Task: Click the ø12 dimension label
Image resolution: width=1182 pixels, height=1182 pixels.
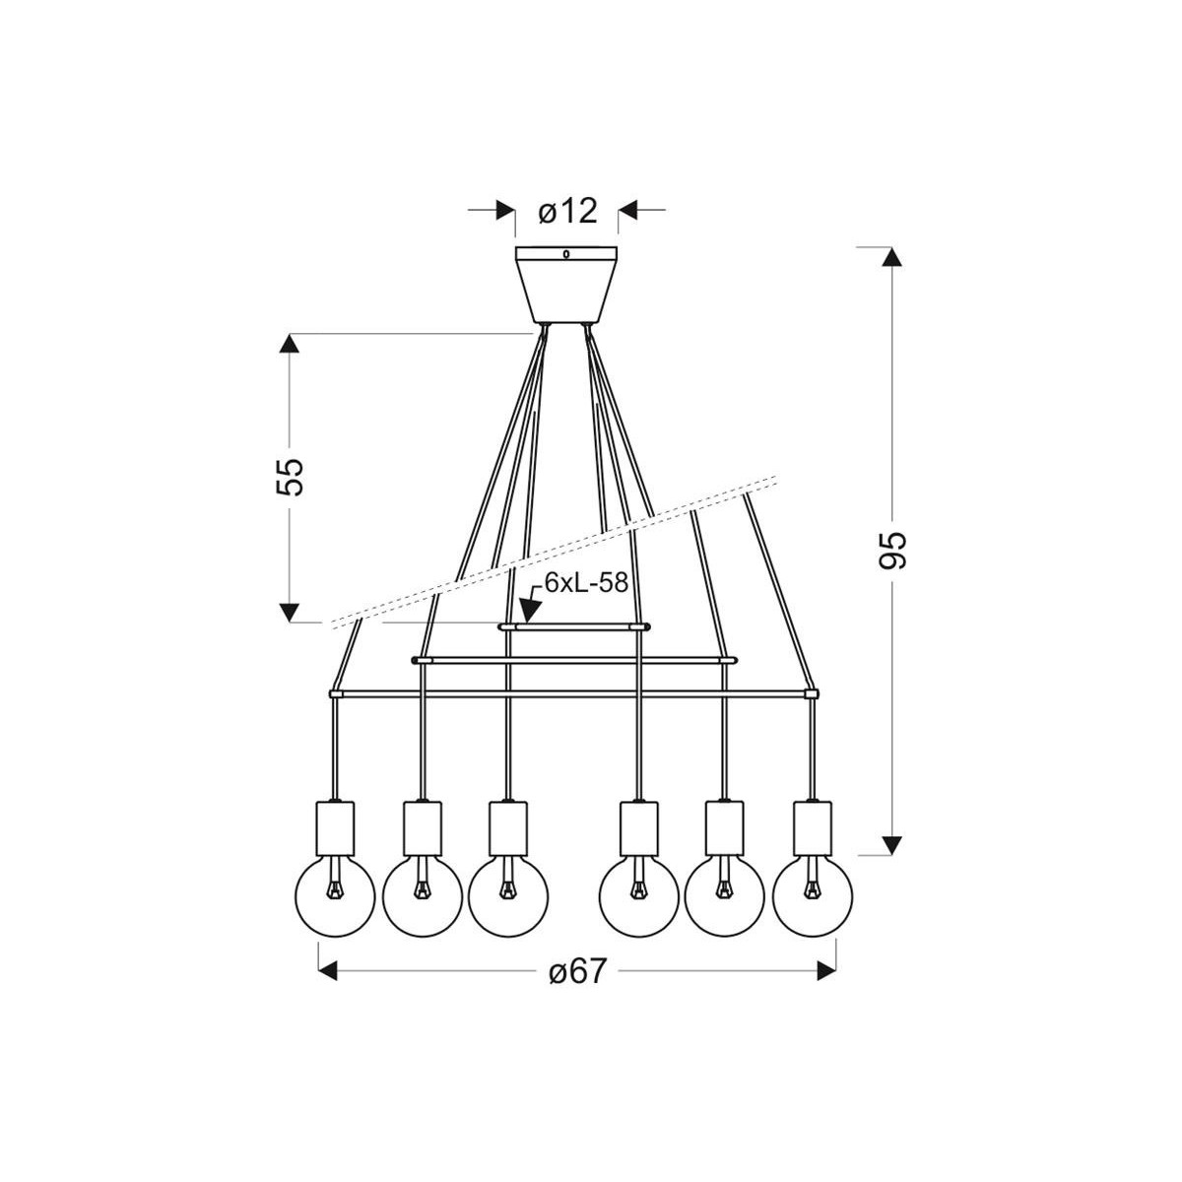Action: [x=568, y=210]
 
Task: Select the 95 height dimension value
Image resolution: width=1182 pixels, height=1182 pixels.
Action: [x=891, y=550]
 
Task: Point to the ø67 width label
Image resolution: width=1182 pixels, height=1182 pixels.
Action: [x=576, y=971]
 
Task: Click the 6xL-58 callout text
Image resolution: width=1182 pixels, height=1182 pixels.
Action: [x=585, y=582]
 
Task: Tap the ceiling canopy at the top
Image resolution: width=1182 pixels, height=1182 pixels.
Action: [x=566, y=285]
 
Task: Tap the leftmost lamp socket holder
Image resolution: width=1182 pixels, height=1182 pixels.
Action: [x=336, y=828]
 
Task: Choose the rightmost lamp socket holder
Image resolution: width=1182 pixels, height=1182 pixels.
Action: [x=813, y=828]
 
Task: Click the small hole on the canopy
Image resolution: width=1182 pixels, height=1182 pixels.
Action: [x=566, y=255]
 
